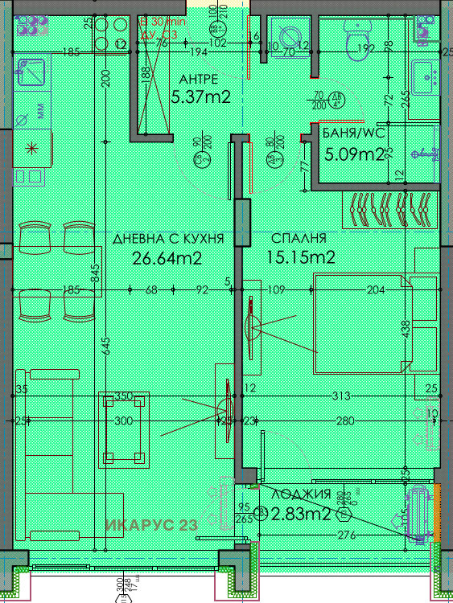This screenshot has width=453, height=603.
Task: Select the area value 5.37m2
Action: (x=201, y=97)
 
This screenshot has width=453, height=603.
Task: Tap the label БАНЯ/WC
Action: (x=351, y=133)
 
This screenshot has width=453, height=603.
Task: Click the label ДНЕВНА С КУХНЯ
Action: (x=167, y=239)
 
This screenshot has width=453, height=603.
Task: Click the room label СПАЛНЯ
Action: (x=299, y=239)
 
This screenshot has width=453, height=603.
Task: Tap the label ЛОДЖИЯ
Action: (x=301, y=495)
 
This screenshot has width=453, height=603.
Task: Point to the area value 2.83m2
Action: (x=301, y=515)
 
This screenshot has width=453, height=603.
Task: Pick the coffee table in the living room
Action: (x=124, y=430)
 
